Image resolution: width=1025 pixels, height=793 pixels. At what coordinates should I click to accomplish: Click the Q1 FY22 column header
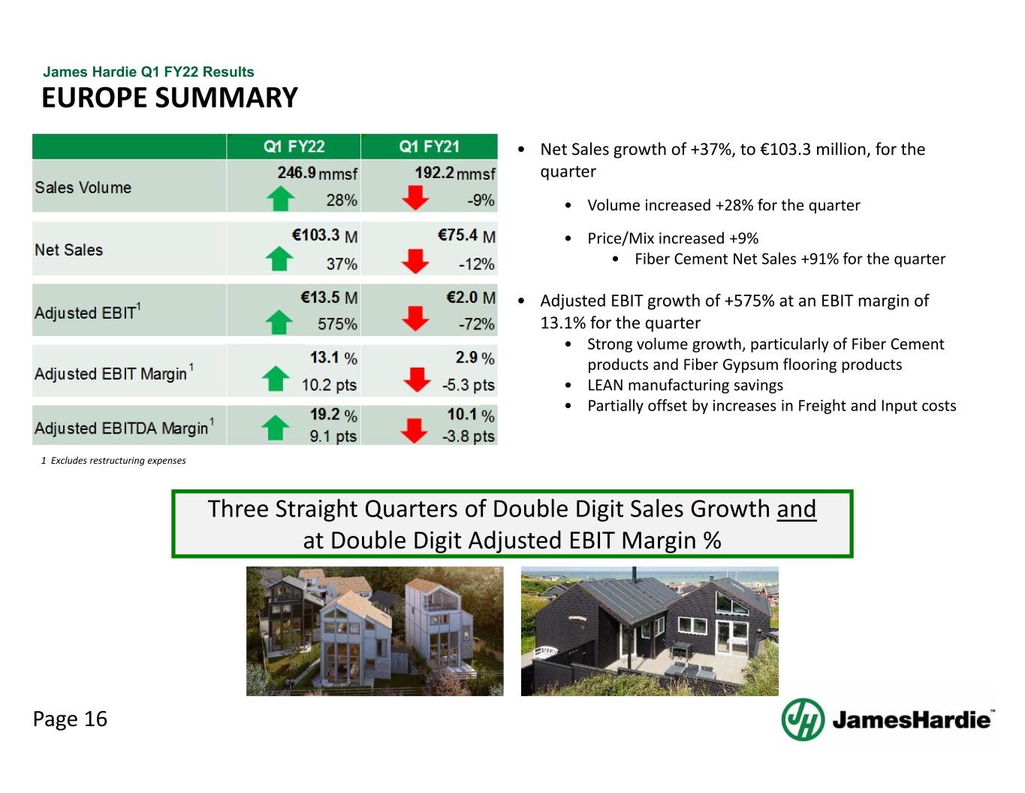294,147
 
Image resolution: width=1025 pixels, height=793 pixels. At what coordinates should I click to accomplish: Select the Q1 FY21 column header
430,147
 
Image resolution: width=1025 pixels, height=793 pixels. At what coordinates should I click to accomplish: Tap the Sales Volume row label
83,187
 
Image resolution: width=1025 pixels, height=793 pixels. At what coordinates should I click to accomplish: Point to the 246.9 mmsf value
318,173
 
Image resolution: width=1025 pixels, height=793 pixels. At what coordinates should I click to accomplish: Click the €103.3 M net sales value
325,235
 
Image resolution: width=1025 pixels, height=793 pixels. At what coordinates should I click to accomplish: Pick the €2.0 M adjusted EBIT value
471,298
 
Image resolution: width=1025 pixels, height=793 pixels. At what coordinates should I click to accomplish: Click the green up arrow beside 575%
279,322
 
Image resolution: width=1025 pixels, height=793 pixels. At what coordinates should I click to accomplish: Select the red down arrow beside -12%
415,261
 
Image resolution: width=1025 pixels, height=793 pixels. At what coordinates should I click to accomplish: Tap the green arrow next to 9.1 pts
276,428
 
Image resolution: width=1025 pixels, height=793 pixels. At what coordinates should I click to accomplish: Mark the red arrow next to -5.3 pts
417,380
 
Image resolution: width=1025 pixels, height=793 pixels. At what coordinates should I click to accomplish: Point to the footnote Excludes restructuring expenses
113,461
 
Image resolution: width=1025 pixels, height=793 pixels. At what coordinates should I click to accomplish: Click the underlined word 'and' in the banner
796,510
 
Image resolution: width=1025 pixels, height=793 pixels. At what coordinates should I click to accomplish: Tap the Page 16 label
71,719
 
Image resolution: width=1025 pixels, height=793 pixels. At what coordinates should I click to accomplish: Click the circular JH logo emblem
803,720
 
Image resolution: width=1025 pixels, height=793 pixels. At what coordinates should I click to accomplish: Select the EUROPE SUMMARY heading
170,98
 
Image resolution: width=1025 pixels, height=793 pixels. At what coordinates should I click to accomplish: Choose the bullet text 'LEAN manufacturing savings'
685,385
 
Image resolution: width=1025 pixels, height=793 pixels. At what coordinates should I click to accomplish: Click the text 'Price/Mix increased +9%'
673,238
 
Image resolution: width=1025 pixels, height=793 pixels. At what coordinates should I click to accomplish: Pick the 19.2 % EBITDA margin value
333,414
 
